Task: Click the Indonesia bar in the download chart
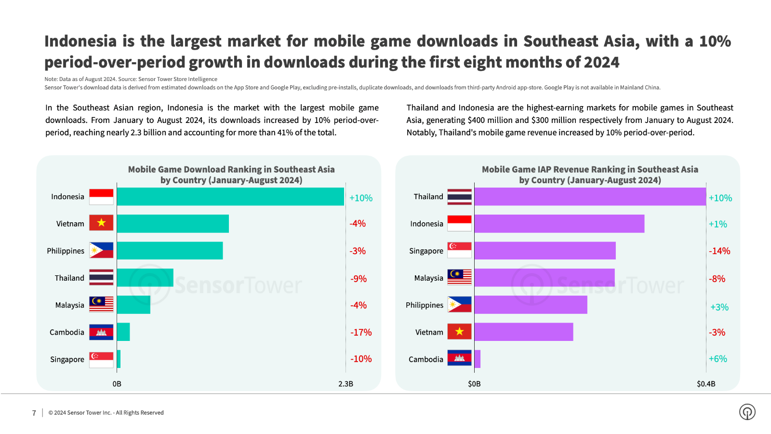tap(230, 197)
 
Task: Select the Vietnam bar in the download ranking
tap(173, 224)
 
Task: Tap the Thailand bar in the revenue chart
tap(590, 197)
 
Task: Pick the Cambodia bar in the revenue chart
tap(478, 359)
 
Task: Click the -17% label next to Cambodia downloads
tap(361, 332)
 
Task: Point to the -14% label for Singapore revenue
tap(719, 251)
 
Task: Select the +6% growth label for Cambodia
tap(718, 359)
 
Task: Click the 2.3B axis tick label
tap(346, 384)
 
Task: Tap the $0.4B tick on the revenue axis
tap(706, 384)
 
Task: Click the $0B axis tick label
tap(474, 384)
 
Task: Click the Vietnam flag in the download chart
tap(101, 223)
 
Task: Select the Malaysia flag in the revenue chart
tap(459, 277)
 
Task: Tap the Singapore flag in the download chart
tap(101, 360)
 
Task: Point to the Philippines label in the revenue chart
tap(424, 305)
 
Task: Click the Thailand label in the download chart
tap(69, 278)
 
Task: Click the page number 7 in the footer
tap(34, 413)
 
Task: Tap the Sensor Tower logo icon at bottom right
tap(747, 412)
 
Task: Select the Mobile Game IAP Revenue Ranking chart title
tap(590, 175)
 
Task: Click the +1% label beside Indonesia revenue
tap(718, 224)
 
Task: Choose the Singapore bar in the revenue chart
tap(545, 251)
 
